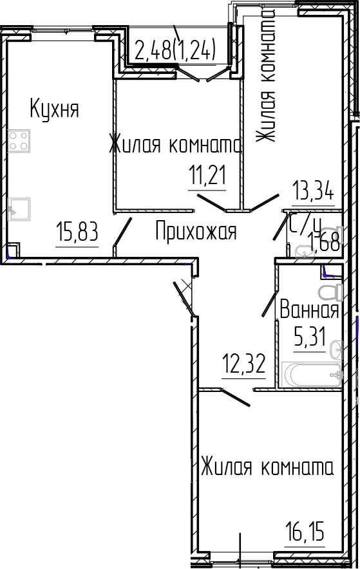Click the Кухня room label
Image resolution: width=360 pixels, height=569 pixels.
tap(54, 109)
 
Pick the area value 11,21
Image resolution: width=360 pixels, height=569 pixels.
tap(207, 175)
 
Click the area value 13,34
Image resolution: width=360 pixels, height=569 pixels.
tap(313, 192)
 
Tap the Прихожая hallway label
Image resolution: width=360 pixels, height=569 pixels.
tap(196, 230)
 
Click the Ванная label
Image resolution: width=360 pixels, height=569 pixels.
tap(308, 311)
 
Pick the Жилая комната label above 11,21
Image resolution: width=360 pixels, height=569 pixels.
tap(175, 145)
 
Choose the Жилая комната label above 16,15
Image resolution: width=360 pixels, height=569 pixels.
tap(267, 467)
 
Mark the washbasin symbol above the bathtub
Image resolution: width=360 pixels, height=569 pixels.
tap(336, 351)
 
